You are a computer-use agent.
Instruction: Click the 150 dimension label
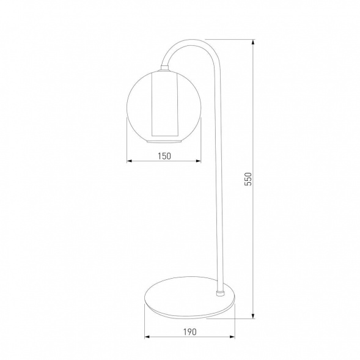(164, 156)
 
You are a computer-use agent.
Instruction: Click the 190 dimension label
(190, 332)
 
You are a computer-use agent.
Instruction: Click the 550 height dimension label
(248, 179)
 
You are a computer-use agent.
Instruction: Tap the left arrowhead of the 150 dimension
(129, 161)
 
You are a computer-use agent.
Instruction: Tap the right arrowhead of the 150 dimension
(199, 161)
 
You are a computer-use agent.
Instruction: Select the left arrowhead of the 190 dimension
(147, 337)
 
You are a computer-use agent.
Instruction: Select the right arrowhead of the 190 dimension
(232, 337)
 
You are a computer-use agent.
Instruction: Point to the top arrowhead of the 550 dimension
(253, 42)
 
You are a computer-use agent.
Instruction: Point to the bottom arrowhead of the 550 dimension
(253, 316)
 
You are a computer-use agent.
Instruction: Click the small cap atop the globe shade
(164, 68)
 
